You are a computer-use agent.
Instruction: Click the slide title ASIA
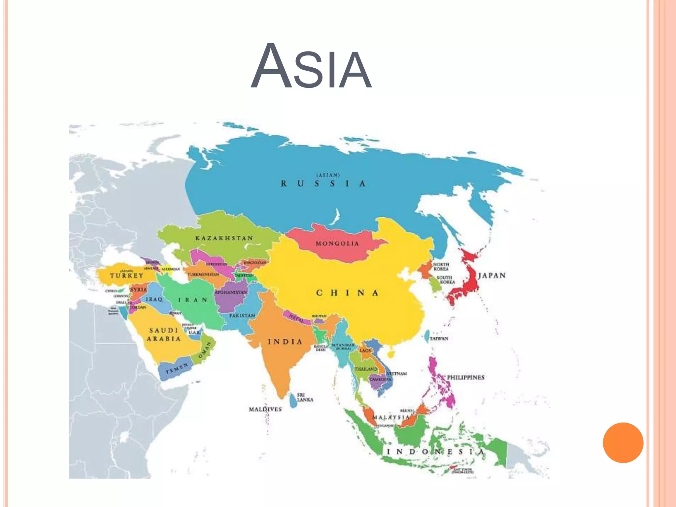click(x=311, y=67)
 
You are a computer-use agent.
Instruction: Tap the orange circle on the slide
click(x=623, y=443)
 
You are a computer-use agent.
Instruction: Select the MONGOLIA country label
click(x=337, y=244)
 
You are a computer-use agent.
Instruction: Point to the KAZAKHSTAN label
click(x=224, y=238)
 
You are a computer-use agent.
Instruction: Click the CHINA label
click(x=347, y=293)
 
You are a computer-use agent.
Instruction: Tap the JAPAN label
click(x=492, y=275)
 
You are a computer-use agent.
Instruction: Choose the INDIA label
click(x=285, y=342)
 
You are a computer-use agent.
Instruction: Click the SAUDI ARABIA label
click(x=164, y=334)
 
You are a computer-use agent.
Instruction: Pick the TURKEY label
click(x=127, y=276)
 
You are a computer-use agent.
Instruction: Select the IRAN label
click(x=193, y=300)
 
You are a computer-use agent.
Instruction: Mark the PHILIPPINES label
click(x=465, y=377)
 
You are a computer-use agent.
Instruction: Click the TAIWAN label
click(x=439, y=338)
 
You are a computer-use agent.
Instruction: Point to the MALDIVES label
click(x=265, y=409)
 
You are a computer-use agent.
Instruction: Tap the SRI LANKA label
click(x=305, y=397)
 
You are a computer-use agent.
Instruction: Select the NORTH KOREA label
click(x=441, y=266)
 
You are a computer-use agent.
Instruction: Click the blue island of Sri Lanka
click(x=292, y=400)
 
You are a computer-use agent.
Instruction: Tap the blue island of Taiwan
click(x=426, y=336)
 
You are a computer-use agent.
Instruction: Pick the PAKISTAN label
click(x=242, y=316)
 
